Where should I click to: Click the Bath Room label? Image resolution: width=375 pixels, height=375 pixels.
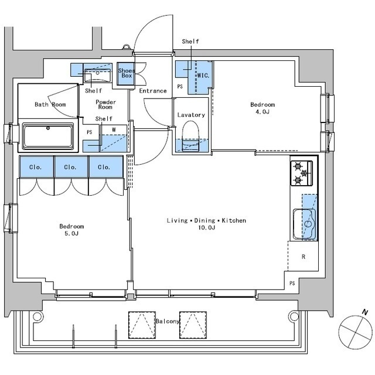click(50, 105)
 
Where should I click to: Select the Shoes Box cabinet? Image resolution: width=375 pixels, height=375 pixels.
click(126, 74)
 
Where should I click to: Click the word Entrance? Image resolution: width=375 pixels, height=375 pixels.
click(153, 91)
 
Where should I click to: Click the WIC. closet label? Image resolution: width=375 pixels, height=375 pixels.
click(203, 76)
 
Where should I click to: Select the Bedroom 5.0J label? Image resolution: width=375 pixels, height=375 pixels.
click(71, 230)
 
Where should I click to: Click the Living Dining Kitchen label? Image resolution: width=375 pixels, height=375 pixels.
click(206, 224)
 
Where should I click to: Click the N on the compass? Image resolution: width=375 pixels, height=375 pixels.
click(364, 312)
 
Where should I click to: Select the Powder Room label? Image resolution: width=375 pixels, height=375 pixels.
click(106, 105)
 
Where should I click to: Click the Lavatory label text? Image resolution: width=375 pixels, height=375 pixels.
click(191, 115)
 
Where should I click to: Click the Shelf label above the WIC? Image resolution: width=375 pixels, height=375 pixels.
click(190, 42)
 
